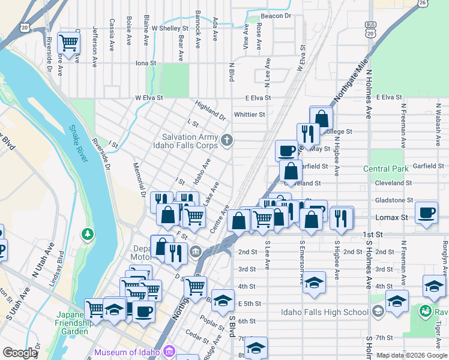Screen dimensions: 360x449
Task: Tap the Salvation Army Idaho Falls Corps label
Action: tap(190, 141)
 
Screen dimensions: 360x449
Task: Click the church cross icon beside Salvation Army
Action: tap(226, 140)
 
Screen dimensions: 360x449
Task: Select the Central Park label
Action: tap(385, 169)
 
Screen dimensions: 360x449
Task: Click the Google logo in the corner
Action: tap(20, 353)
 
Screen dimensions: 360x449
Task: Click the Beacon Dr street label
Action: tap(276, 16)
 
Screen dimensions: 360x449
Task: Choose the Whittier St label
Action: tap(250, 114)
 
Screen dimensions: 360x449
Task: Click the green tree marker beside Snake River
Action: tap(88, 233)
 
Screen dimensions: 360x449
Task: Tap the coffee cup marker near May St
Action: tap(286, 149)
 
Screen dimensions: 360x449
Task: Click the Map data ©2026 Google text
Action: tap(411, 355)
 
